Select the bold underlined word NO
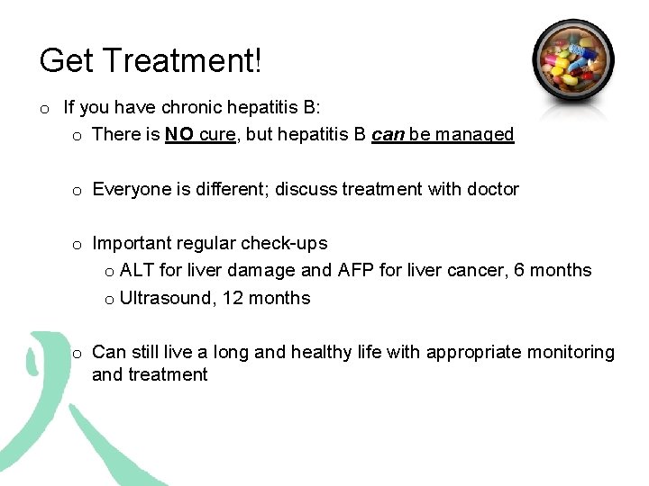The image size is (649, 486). point(180,135)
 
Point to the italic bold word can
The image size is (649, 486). point(388,135)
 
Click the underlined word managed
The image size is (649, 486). point(474,135)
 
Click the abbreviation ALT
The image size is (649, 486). point(137,270)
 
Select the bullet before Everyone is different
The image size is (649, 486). point(78,190)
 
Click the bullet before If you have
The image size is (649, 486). point(44,109)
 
